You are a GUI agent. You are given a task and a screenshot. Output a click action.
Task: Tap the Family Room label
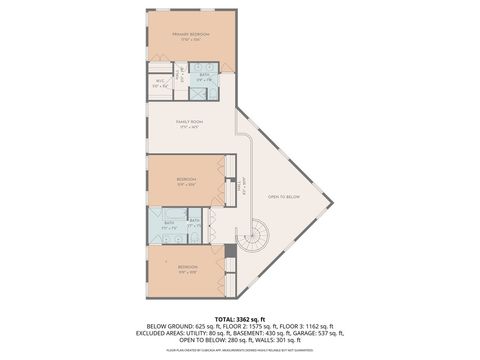[x=189, y=124]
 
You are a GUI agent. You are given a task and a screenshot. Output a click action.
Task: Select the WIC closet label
[x=160, y=85]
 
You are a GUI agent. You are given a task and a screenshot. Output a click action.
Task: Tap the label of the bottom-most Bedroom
[x=187, y=268]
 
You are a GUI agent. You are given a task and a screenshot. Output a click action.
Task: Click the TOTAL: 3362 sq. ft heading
[x=239, y=318]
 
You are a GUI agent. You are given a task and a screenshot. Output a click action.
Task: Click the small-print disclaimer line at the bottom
[x=239, y=351]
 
